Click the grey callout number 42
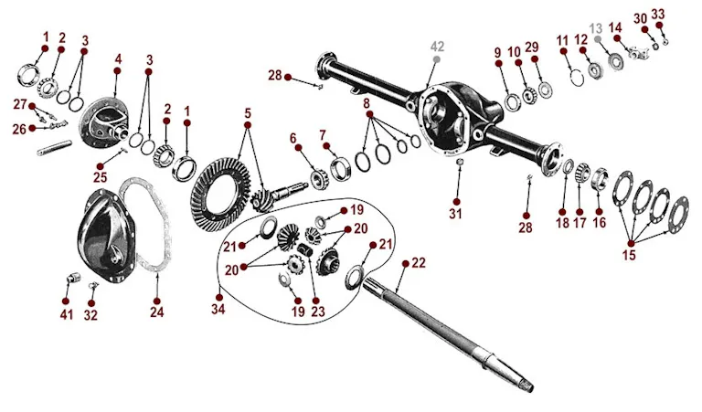click(x=437, y=47)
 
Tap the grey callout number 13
click(x=596, y=29)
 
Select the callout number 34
click(x=218, y=309)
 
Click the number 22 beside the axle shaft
click(x=418, y=263)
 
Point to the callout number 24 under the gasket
click(x=156, y=312)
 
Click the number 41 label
click(x=66, y=315)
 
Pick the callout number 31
click(x=455, y=214)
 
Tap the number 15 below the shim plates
click(x=629, y=255)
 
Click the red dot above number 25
click(x=101, y=166)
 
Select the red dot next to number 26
click(x=32, y=129)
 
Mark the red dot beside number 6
click(x=298, y=148)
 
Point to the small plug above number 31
click(x=459, y=161)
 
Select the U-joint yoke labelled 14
click(x=636, y=53)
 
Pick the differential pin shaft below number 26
click(x=54, y=148)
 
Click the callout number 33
click(x=658, y=15)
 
